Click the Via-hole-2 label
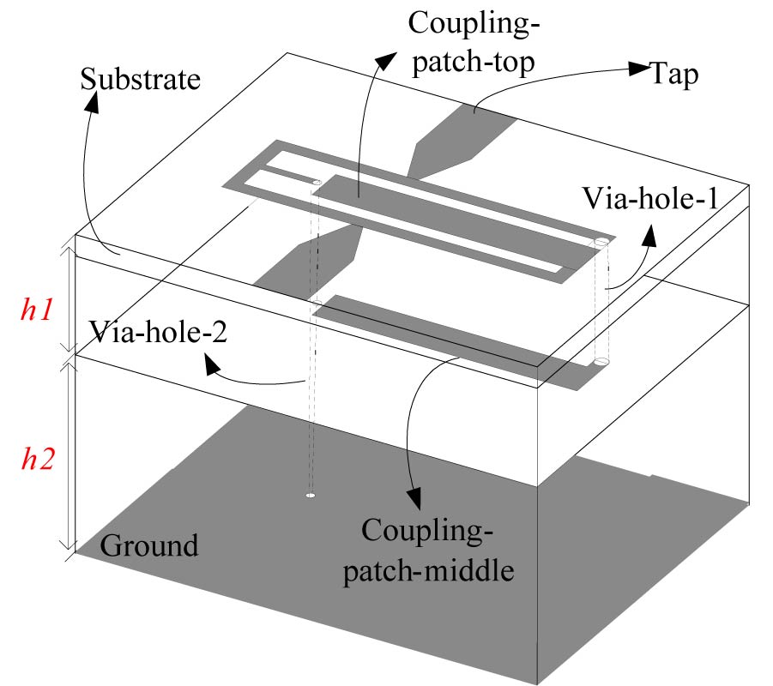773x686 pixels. point(157,332)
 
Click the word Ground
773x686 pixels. point(150,545)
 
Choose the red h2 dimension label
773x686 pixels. point(39,460)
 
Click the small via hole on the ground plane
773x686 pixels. point(311,496)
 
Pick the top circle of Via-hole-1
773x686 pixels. point(601,243)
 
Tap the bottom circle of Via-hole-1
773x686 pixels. point(601,363)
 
